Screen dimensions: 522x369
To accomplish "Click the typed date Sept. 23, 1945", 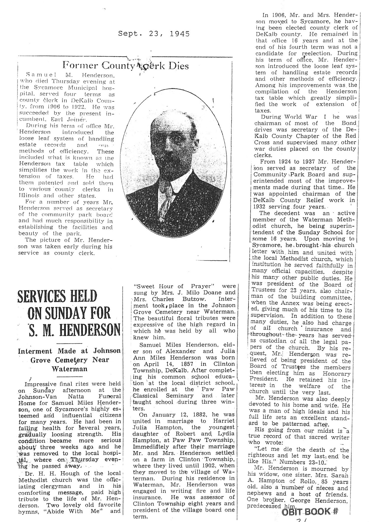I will click(x=154, y=34).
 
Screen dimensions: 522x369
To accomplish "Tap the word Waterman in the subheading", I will click(x=69, y=369).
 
